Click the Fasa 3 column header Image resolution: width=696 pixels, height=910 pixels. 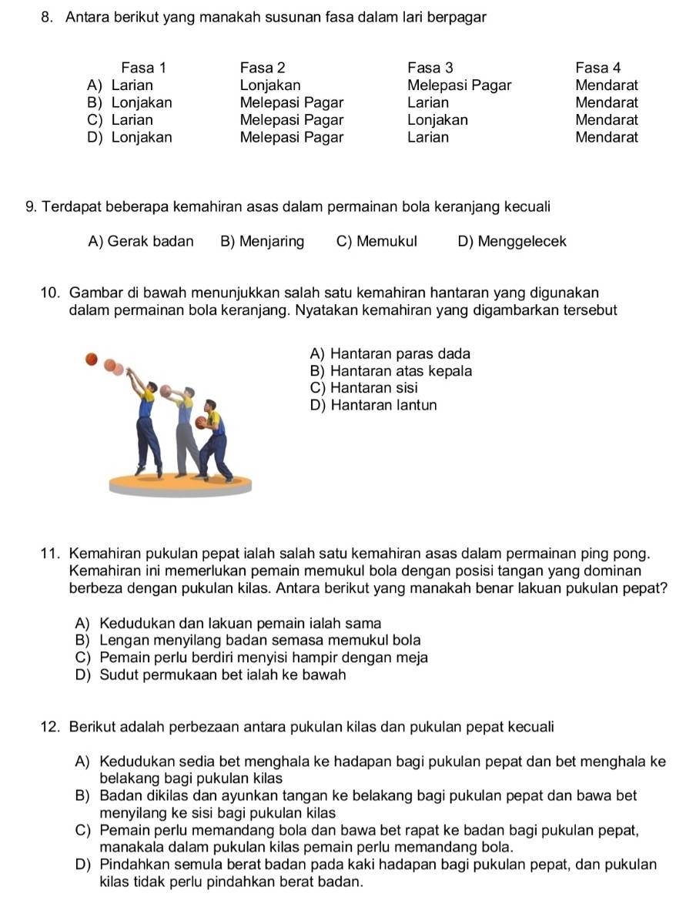430,67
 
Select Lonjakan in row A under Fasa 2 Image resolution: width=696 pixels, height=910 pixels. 270,85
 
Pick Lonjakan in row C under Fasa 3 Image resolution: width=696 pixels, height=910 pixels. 437,120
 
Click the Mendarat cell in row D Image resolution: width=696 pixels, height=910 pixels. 607,138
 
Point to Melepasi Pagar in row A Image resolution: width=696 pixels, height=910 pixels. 459,85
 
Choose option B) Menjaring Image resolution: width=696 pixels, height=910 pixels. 262,242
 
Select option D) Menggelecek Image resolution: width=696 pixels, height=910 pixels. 511,242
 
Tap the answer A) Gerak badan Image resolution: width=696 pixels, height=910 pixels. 141,242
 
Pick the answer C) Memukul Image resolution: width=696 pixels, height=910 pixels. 376,242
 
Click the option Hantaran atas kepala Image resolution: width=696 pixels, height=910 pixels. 390,370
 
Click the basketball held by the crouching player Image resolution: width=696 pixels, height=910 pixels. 202,423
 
